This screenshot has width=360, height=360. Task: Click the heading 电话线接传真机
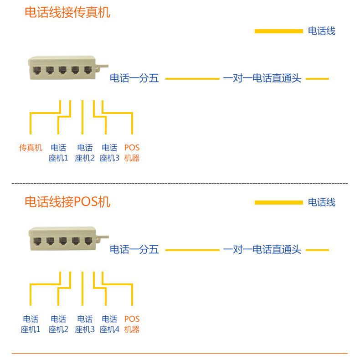(67, 12)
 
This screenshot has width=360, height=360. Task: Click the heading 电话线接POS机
(67, 201)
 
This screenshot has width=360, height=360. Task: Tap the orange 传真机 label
(31, 148)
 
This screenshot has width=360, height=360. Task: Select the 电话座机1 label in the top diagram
(58, 153)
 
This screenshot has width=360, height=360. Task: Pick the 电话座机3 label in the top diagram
(109, 153)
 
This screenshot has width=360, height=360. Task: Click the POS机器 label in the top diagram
(132, 153)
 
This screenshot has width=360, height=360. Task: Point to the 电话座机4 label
(109, 324)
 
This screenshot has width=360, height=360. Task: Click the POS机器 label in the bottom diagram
(132, 324)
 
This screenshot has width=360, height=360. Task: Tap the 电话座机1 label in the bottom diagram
(31, 324)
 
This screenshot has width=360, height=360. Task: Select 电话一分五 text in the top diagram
(134, 78)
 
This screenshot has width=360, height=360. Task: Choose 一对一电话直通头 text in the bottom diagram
(262, 250)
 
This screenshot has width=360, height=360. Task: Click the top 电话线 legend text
(322, 31)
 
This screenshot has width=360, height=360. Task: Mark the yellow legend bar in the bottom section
(278, 202)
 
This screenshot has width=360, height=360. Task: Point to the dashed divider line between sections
(180, 183)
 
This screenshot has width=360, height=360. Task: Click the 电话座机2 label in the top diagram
(85, 153)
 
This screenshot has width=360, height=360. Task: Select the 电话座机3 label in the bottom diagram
(85, 324)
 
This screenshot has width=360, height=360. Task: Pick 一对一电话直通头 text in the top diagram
(262, 78)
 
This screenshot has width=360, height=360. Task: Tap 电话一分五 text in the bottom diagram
(134, 250)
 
